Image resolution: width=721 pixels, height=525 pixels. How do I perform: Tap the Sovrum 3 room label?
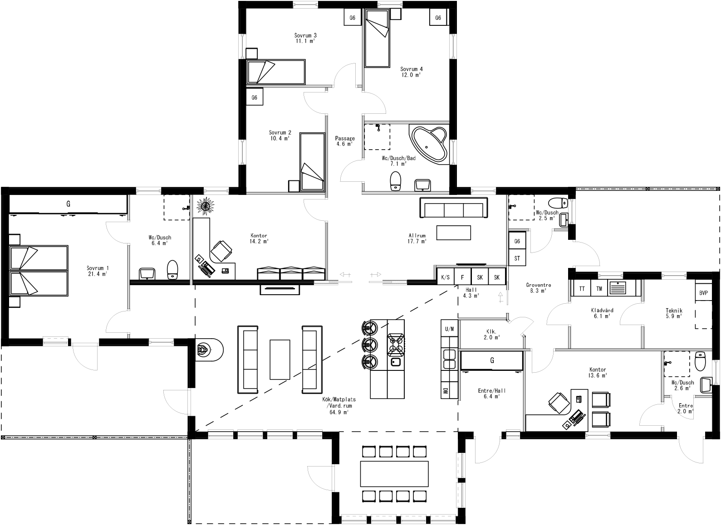305,38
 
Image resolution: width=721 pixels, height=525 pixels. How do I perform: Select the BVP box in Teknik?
703,293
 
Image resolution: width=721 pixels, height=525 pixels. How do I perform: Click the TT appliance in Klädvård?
581,289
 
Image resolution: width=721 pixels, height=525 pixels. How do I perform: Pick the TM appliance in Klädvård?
599,289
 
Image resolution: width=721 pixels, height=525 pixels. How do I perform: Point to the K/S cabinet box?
445,277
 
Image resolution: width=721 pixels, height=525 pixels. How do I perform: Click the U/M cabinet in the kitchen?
450,329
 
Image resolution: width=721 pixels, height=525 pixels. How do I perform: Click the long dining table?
394,473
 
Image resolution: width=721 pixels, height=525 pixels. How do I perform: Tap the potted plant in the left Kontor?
205,206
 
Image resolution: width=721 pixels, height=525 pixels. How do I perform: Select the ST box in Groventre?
517,258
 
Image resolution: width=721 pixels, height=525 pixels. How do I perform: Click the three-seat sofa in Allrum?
454,210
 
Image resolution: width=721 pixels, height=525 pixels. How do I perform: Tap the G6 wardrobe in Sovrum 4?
438,18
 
